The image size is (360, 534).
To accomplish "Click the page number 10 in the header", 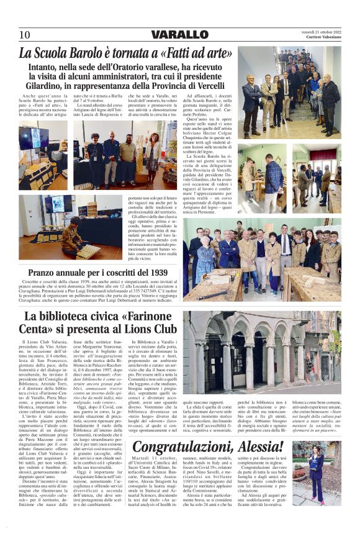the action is click(25, 35).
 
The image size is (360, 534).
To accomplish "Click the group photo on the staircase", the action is click(289, 92).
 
